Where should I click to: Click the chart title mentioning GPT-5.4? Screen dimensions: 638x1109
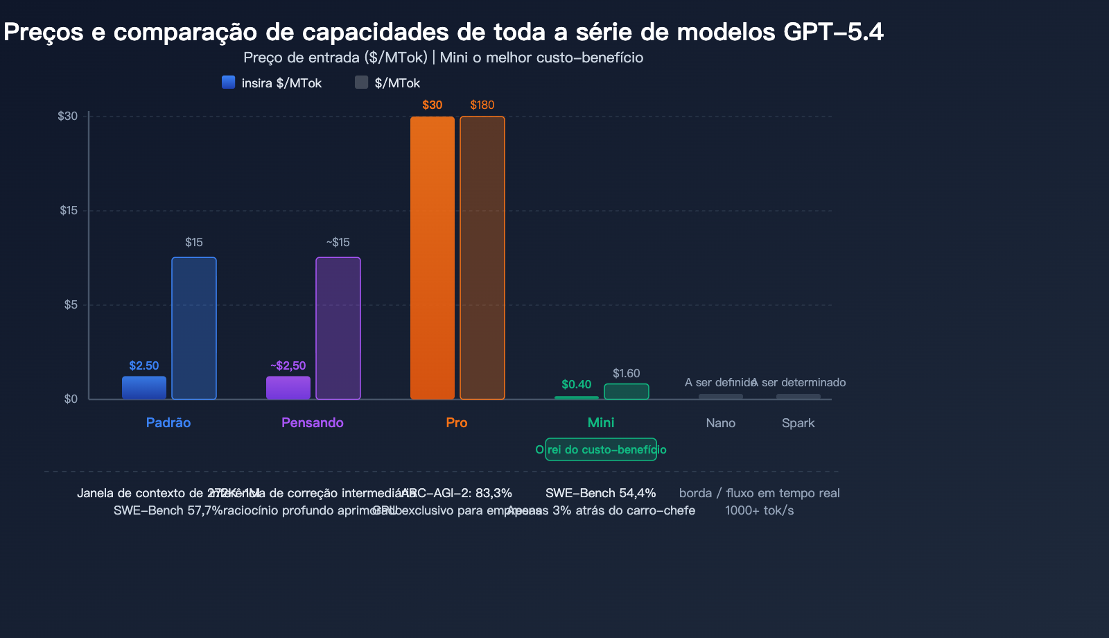[444, 32]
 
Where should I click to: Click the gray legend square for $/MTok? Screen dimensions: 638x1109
[361, 83]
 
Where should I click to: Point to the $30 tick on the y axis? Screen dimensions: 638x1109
[68, 117]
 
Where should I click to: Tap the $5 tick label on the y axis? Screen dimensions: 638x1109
[70, 305]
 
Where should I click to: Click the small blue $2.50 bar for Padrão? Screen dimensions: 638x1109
[144, 388]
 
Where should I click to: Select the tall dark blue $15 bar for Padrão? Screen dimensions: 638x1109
[194, 328]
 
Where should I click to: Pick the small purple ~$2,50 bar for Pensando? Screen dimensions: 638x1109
[288, 388]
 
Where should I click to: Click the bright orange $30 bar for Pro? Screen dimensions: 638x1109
[433, 258]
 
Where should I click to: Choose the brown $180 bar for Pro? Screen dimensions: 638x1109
[482, 258]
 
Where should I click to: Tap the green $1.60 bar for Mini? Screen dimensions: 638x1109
[627, 392]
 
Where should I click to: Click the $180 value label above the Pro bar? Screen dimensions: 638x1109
[482, 105]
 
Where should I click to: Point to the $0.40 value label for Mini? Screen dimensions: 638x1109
[577, 384]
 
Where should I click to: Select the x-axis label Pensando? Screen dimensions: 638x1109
[313, 423]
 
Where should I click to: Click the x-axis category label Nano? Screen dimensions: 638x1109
[721, 423]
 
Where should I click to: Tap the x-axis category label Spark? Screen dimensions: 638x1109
[798, 423]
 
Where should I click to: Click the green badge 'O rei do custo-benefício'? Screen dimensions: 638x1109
[601, 449]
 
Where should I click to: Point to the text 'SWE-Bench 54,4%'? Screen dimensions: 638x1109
[601, 493]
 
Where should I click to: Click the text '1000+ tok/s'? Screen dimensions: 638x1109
[760, 510]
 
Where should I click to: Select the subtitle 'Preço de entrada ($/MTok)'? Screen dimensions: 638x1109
[335, 58]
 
